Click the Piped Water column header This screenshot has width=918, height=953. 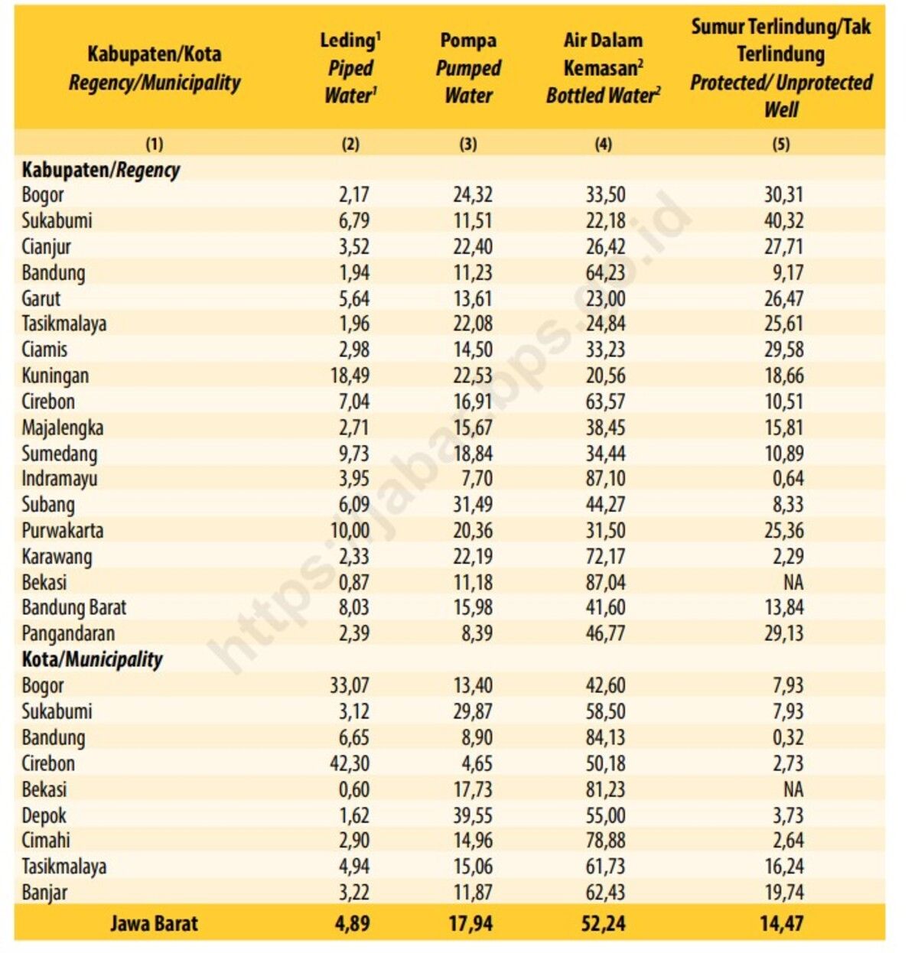click(351, 68)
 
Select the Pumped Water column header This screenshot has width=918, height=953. click(468, 68)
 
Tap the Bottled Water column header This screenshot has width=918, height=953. click(604, 68)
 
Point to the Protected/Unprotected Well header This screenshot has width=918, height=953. click(781, 68)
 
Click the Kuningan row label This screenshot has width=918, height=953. click(55, 376)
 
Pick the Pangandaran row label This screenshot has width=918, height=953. click(68, 633)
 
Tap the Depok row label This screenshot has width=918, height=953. click(44, 815)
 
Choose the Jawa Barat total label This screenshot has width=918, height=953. click(154, 923)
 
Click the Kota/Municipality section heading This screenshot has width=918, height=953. click(92, 659)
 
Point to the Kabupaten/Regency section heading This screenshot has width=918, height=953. click(100, 170)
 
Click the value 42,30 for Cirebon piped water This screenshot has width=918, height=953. click(350, 763)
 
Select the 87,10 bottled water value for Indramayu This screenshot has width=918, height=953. click(605, 479)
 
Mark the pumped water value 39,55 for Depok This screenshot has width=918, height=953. click(472, 815)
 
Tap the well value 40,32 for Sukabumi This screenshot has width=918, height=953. click(783, 220)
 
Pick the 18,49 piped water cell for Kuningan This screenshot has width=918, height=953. click(350, 376)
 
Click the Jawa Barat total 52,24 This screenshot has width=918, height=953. click(604, 923)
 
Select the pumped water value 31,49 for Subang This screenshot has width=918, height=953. click(472, 505)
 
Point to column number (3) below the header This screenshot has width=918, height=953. click(468, 144)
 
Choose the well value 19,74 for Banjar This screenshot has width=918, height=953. click(783, 892)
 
